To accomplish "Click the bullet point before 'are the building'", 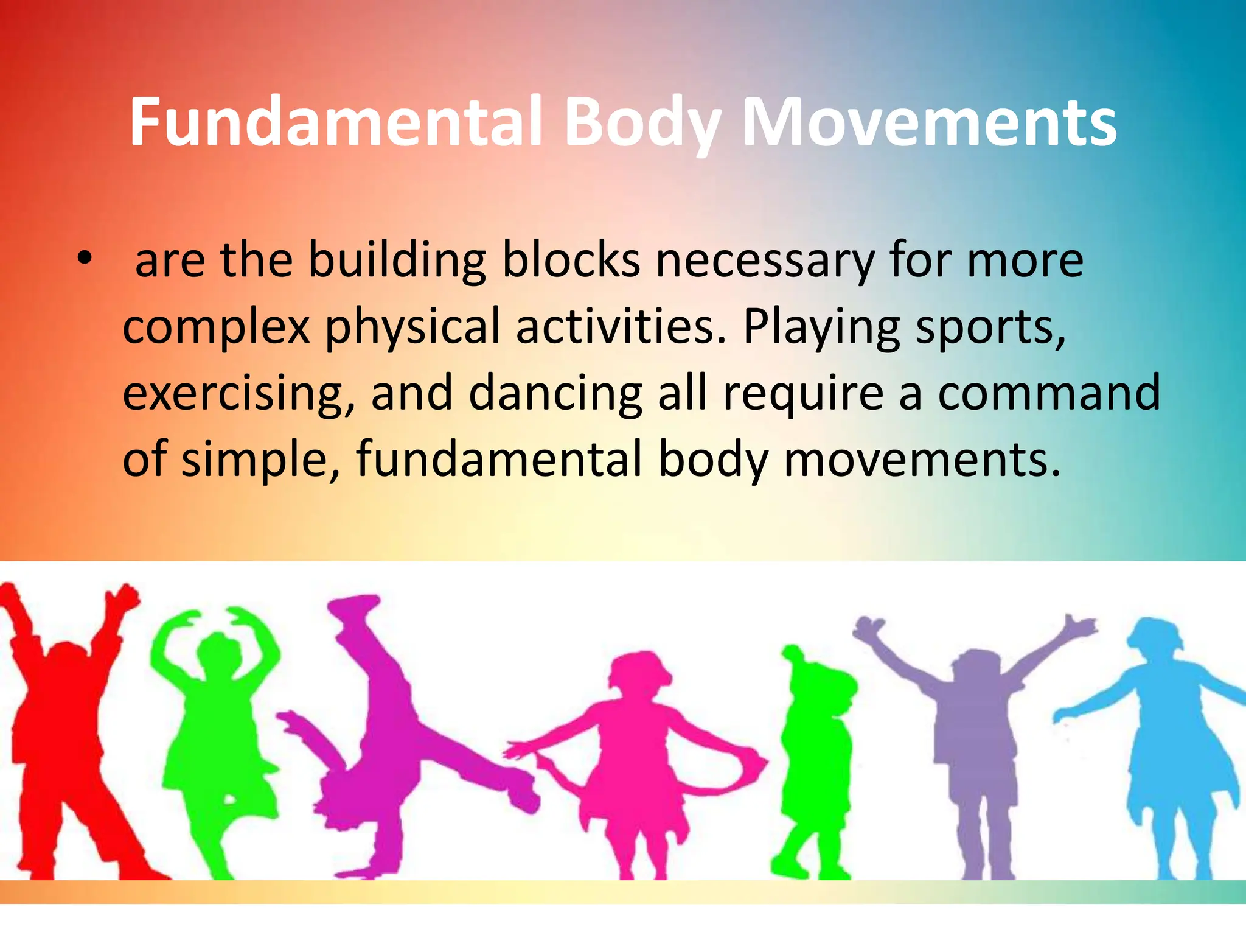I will tap(85, 260).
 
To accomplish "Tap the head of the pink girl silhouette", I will tap(636, 676).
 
